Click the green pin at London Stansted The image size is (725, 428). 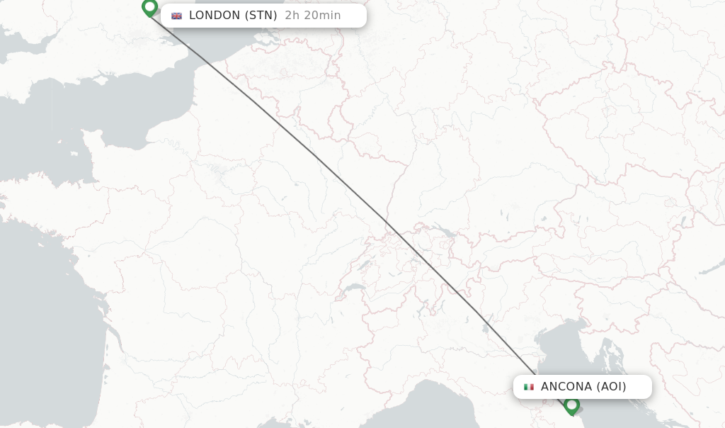tap(149, 8)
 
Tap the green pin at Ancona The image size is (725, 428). tap(571, 405)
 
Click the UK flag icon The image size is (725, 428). tap(176, 16)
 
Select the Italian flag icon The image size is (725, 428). tap(528, 387)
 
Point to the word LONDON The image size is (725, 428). tap(215, 16)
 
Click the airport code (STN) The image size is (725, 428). tap(261, 16)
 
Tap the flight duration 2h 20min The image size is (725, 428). tap(313, 16)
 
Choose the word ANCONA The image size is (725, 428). tap(566, 387)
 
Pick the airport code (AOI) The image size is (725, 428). tap(611, 387)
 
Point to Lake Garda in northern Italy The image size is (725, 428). tap(485, 326)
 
